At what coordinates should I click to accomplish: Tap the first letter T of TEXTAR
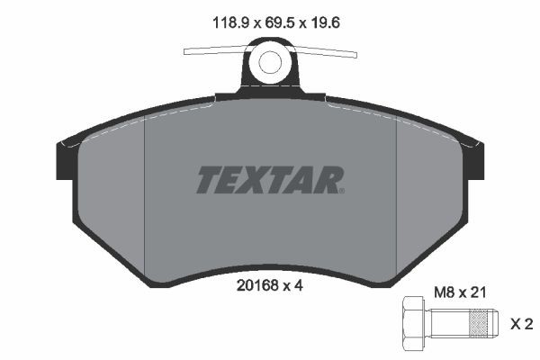click(208, 180)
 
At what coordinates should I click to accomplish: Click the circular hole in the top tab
click(270, 63)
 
